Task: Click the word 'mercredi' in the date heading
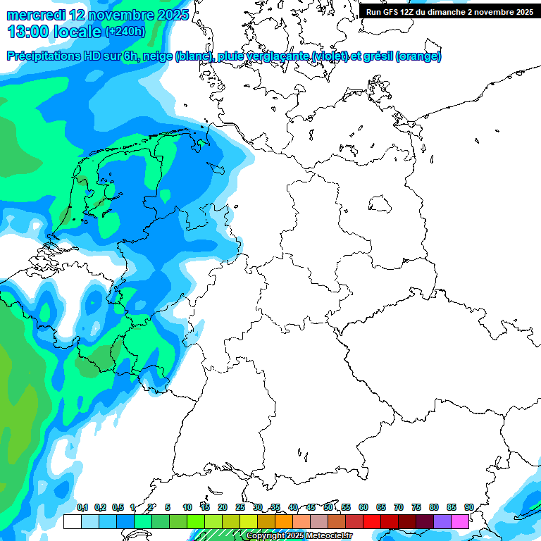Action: tap(37, 15)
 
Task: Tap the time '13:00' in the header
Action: tap(28, 32)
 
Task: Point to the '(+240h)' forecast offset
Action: tap(125, 31)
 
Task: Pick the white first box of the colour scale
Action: tap(72, 521)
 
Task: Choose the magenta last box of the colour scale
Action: tap(460, 521)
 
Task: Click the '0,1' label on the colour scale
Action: tap(82, 507)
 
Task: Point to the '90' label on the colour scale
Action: tap(469, 507)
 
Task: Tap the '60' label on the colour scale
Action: tap(363, 507)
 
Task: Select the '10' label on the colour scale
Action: tap(187, 507)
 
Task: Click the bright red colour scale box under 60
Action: tap(372, 521)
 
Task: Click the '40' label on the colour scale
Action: tap(293, 507)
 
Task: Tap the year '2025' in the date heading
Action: tap(172, 15)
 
